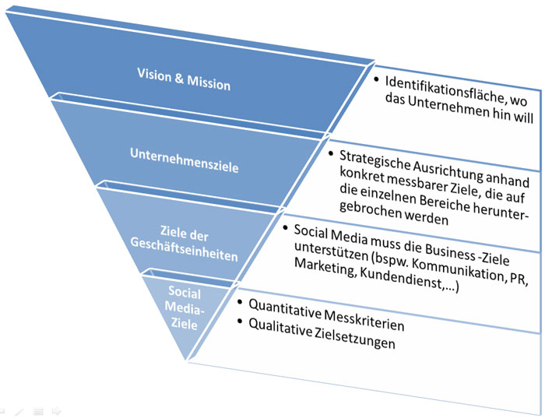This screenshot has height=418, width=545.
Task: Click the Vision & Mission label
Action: (184, 79)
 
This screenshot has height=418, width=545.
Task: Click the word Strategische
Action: (376, 160)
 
